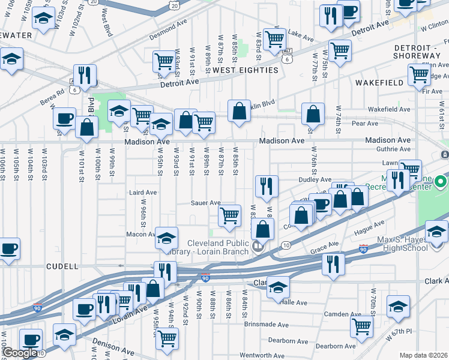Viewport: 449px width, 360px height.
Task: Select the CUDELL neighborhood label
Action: click(x=62, y=266)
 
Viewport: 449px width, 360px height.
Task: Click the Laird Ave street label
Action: click(x=143, y=193)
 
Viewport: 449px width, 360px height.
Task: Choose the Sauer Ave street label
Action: click(x=206, y=203)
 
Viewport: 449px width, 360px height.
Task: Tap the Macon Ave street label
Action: click(x=141, y=234)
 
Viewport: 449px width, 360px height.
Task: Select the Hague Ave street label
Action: click(x=369, y=227)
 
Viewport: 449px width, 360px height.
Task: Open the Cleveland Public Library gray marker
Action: click(x=257, y=245)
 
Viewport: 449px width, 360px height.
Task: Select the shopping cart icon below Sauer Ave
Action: click(x=229, y=215)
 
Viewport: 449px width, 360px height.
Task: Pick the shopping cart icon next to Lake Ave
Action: click(x=274, y=40)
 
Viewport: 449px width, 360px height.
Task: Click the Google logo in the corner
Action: click(x=19, y=353)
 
